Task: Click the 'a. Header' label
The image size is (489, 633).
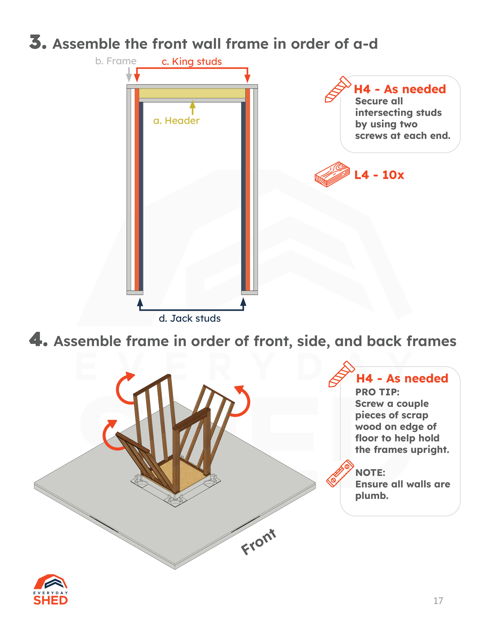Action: click(176, 121)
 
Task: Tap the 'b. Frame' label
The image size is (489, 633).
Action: click(116, 61)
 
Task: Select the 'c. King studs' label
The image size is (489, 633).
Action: click(192, 62)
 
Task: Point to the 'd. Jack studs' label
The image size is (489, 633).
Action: click(190, 319)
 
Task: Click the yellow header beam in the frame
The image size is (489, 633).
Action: click(192, 93)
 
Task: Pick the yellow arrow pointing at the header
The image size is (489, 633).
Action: click(193, 107)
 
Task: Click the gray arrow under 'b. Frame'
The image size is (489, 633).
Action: click(129, 74)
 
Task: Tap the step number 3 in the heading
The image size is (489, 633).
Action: click(38, 43)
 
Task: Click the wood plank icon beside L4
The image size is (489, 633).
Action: click(332, 174)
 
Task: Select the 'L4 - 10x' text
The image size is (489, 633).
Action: click(379, 175)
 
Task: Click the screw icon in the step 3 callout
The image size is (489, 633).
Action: click(337, 89)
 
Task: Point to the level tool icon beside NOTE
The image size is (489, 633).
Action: click(340, 473)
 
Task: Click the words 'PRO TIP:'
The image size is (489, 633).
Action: click(377, 392)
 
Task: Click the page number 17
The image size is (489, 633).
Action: click(438, 601)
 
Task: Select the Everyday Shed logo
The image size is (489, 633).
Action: click(51, 590)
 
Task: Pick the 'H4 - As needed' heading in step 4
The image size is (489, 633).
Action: click(402, 378)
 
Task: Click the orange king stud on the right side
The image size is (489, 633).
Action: click(248, 190)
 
